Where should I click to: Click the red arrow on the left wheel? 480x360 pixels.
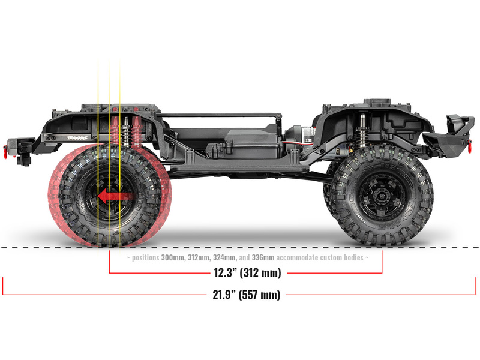pos(115,196)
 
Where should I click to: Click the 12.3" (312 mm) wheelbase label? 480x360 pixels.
pos(247,272)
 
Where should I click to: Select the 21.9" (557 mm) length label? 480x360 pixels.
pos(247,295)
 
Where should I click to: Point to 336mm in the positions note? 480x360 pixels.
pos(263,257)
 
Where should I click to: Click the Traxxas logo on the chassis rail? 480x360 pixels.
pos(77,138)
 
